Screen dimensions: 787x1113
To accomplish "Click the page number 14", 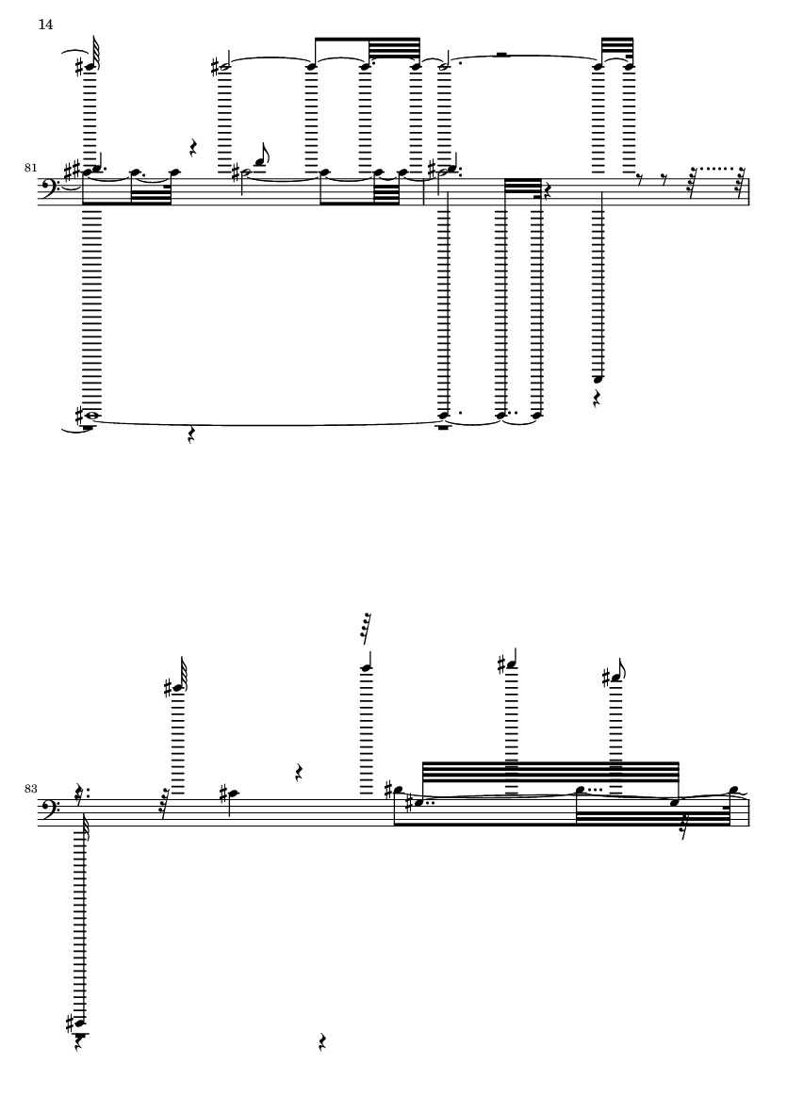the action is point(45,25).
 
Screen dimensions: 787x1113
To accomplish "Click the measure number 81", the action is point(30,168).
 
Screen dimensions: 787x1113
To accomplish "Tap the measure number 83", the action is point(30,789).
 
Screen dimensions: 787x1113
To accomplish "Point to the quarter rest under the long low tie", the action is point(191,435).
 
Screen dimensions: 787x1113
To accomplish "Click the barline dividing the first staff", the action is point(424,191).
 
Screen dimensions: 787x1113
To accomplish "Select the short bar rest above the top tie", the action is point(501,54).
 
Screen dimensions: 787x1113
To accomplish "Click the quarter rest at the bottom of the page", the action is point(323,1042).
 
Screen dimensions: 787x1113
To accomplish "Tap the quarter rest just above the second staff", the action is point(300,772).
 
